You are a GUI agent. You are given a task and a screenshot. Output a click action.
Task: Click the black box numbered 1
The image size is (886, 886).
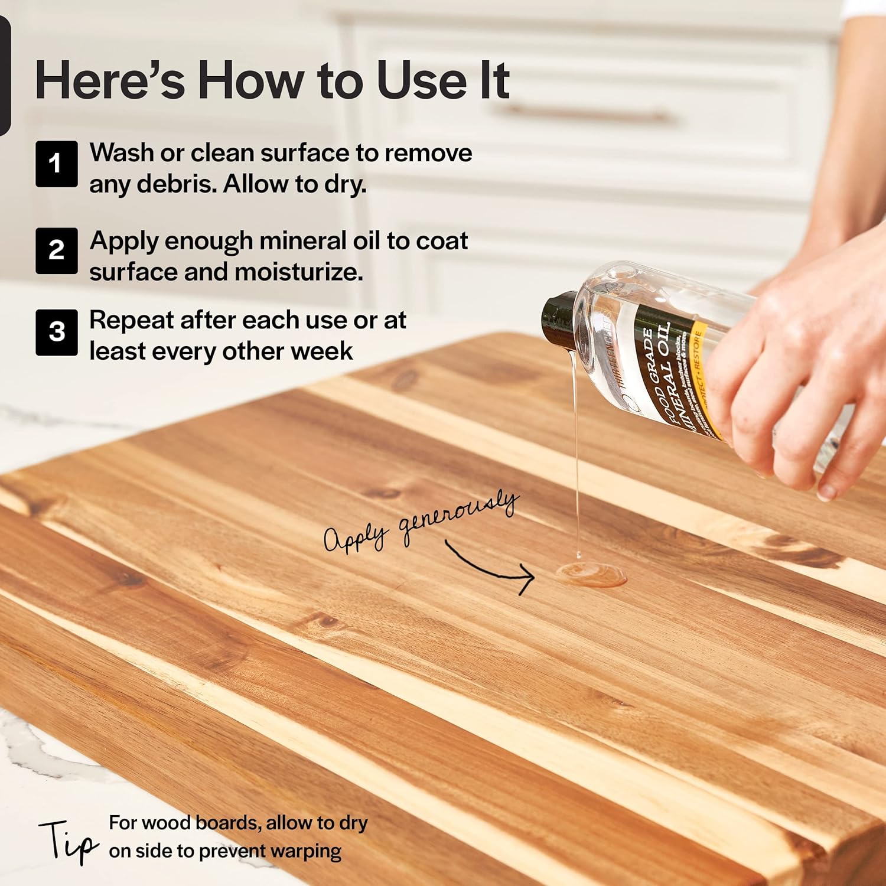[x=56, y=164]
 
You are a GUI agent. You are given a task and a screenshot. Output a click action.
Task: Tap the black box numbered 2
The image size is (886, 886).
[x=56, y=250]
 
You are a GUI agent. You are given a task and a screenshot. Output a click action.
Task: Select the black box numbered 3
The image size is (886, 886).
[x=56, y=332]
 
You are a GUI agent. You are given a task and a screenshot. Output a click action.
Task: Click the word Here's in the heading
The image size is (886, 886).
[x=110, y=80]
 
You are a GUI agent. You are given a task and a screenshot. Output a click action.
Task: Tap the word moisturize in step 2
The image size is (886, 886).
[x=298, y=272]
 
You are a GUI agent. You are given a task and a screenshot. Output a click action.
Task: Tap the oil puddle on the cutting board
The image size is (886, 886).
[x=591, y=574]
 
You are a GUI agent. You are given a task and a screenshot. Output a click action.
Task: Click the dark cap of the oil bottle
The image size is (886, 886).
[x=558, y=319]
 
